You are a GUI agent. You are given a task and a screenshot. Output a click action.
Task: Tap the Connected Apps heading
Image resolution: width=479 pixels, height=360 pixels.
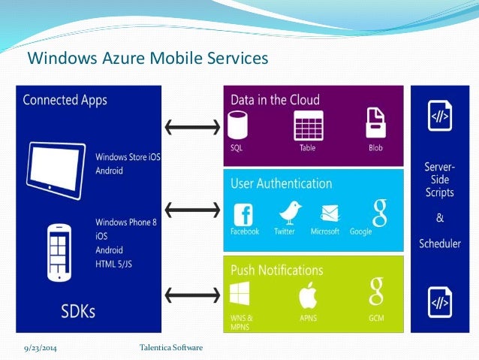click(65, 100)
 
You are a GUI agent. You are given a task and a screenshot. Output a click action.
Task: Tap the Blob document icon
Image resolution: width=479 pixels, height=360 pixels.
click(375, 122)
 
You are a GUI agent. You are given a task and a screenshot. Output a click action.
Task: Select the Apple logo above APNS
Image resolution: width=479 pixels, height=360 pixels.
click(308, 295)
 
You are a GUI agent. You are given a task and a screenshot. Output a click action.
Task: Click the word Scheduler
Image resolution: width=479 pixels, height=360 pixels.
click(440, 244)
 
